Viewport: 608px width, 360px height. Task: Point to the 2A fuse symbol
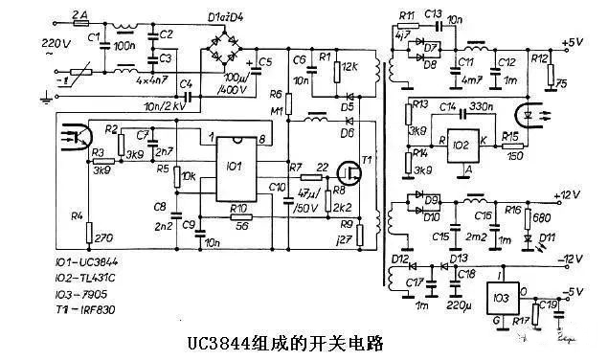point(80,26)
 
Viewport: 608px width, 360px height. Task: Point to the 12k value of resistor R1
point(349,65)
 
